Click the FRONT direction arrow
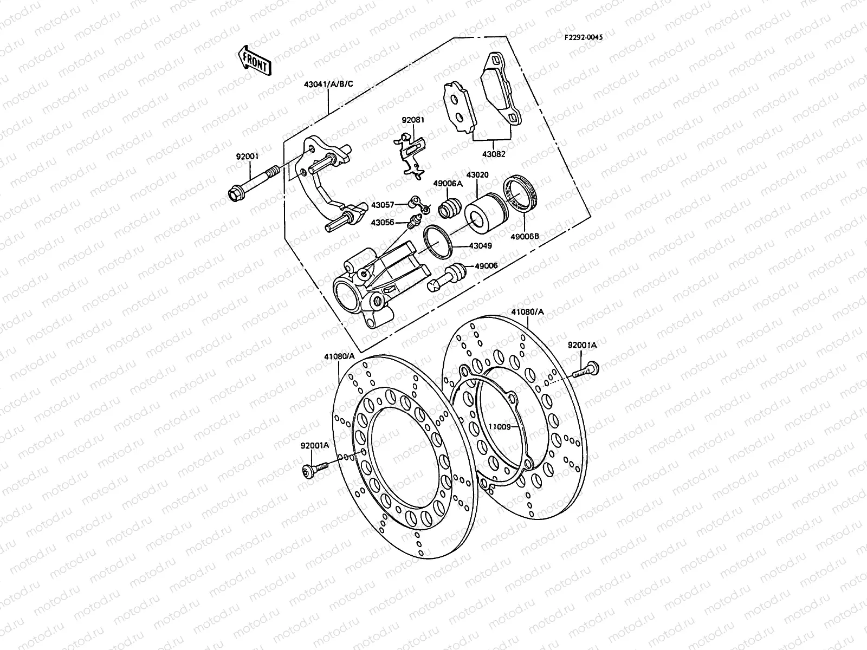tap(254, 60)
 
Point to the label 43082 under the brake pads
tap(494, 154)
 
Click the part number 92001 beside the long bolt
tap(247, 157)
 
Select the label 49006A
tap(447, 184)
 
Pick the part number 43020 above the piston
tap(477, 175)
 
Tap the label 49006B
tap(526, 236)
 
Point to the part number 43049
tap(481, 245)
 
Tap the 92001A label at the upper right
tap(582, 345)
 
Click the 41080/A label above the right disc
tap(527, 312)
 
